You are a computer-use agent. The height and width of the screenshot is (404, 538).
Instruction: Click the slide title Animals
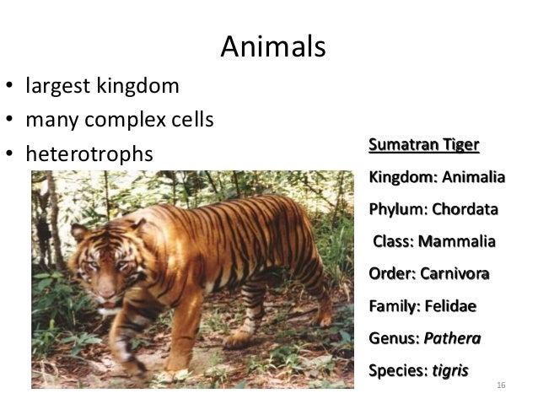[x=272, y=47]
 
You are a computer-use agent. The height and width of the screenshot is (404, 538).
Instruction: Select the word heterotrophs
[x=89, y=155]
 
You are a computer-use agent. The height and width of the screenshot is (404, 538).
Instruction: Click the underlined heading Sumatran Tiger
[x=423, y=145]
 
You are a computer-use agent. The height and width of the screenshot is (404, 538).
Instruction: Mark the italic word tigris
[x=449, y=370]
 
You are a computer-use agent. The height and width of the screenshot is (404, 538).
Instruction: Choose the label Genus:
[x=394, y=338]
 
